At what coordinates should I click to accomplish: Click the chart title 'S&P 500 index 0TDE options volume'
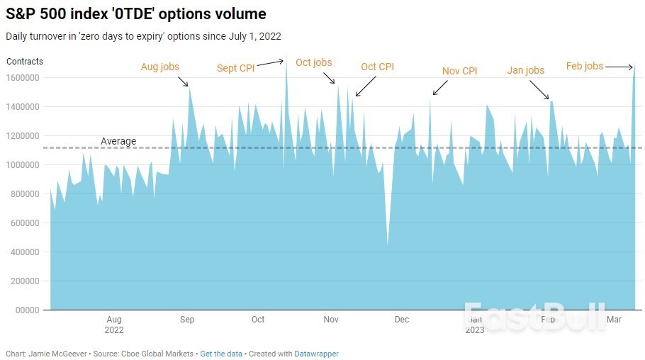tap(136, 13)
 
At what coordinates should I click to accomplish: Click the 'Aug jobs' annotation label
tap(160, 67)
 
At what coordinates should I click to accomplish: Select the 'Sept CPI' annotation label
tap(235, 69)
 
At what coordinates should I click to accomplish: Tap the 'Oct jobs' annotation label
tap(313, 63)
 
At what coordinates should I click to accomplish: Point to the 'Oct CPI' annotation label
tap(377, 67)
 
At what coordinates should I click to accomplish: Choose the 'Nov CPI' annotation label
tap(459, 71)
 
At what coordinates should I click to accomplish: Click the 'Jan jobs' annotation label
tap(525, 70)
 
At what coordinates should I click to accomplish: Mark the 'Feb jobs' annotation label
tap(584, 67)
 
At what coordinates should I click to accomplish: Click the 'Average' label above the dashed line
tap(118, 141)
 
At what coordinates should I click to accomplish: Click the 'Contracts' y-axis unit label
tap(25, 62)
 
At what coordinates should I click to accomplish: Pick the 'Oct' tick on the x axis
tap(258, 320)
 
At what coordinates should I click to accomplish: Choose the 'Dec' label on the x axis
tap(402, 320)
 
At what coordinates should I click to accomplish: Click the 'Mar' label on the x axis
tap(615, 320)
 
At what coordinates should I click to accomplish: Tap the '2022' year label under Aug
tap(114, 330)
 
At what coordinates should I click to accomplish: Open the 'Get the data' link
tap(220, 353)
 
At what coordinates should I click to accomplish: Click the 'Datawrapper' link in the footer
tap(318, 353)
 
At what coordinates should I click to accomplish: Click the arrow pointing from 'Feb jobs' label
tap(619, 67)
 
